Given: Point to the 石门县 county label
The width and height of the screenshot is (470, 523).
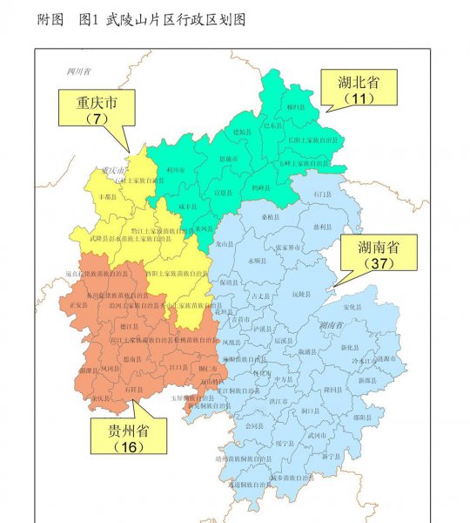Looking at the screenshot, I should (x=323, y=194).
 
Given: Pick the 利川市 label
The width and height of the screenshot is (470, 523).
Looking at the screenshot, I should (x=175, y=170).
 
